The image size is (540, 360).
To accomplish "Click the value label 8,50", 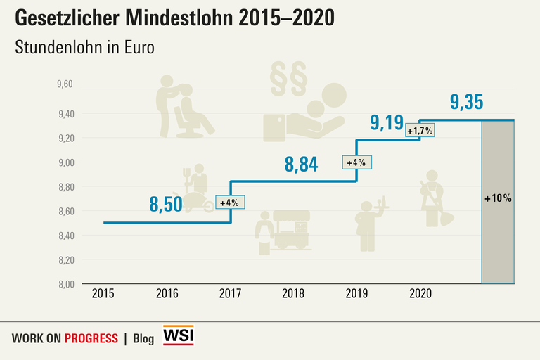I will coord(166,205).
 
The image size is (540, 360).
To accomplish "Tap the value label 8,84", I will coord(301,165).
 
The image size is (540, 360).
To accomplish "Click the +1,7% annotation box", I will coord(420,131).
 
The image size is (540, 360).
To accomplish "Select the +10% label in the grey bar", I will coord(498,198).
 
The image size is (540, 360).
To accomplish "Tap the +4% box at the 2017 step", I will coord(230,202).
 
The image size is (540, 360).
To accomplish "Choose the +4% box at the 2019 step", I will coord(357,162).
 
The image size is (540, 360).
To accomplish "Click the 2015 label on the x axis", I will coord(103,293).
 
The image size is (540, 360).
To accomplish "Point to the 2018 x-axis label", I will coord(292,293).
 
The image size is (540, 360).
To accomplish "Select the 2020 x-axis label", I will coord(420,293).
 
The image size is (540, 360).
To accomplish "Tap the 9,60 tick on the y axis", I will coord(65,84).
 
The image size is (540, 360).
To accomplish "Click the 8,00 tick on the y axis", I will coord(65,284).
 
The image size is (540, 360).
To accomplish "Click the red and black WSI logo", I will coord(178,335).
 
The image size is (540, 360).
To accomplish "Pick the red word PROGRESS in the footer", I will coord(91,338).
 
